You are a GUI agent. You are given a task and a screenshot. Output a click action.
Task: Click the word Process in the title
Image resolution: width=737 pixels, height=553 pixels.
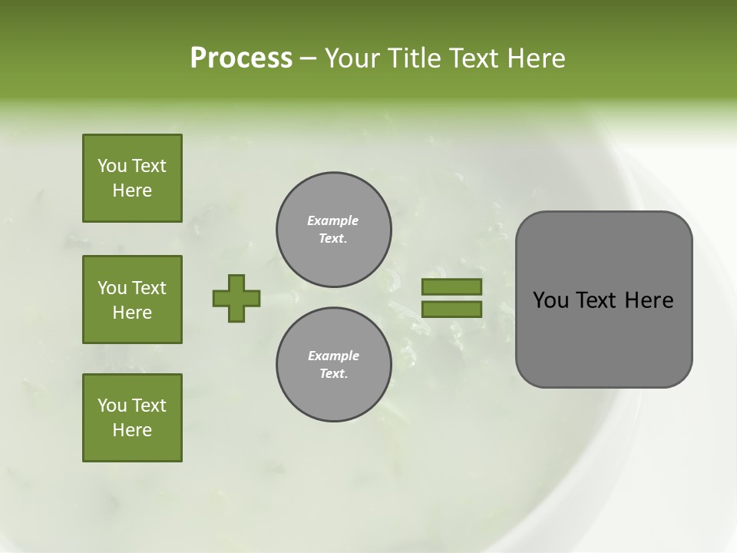pos(241,58)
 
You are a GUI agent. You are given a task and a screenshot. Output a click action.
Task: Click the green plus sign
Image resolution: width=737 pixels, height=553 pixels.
pos(236,298)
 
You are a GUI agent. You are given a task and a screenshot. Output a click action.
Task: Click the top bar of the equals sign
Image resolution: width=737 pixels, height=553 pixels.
pos(451,286)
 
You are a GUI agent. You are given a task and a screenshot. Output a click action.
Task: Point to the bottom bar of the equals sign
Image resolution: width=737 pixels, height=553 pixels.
pos(451,310)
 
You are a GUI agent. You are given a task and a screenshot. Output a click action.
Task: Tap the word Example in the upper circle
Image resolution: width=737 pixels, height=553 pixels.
pos(333,220)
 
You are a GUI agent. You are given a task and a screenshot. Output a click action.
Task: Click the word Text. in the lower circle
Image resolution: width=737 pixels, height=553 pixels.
pos(333,374)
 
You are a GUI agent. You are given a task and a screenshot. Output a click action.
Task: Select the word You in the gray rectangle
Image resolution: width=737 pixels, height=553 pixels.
pos(550,300)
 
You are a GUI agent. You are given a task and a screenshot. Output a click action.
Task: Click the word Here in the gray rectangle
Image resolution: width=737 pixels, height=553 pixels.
pos(649,300)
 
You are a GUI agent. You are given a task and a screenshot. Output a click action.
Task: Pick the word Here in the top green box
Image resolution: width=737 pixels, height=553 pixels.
pos(132,190)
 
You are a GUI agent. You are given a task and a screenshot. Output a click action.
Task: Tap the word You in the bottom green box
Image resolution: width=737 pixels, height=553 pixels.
pos(112,406)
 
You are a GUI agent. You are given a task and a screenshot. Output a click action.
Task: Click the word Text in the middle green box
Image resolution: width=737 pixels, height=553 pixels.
pos(149,288)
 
